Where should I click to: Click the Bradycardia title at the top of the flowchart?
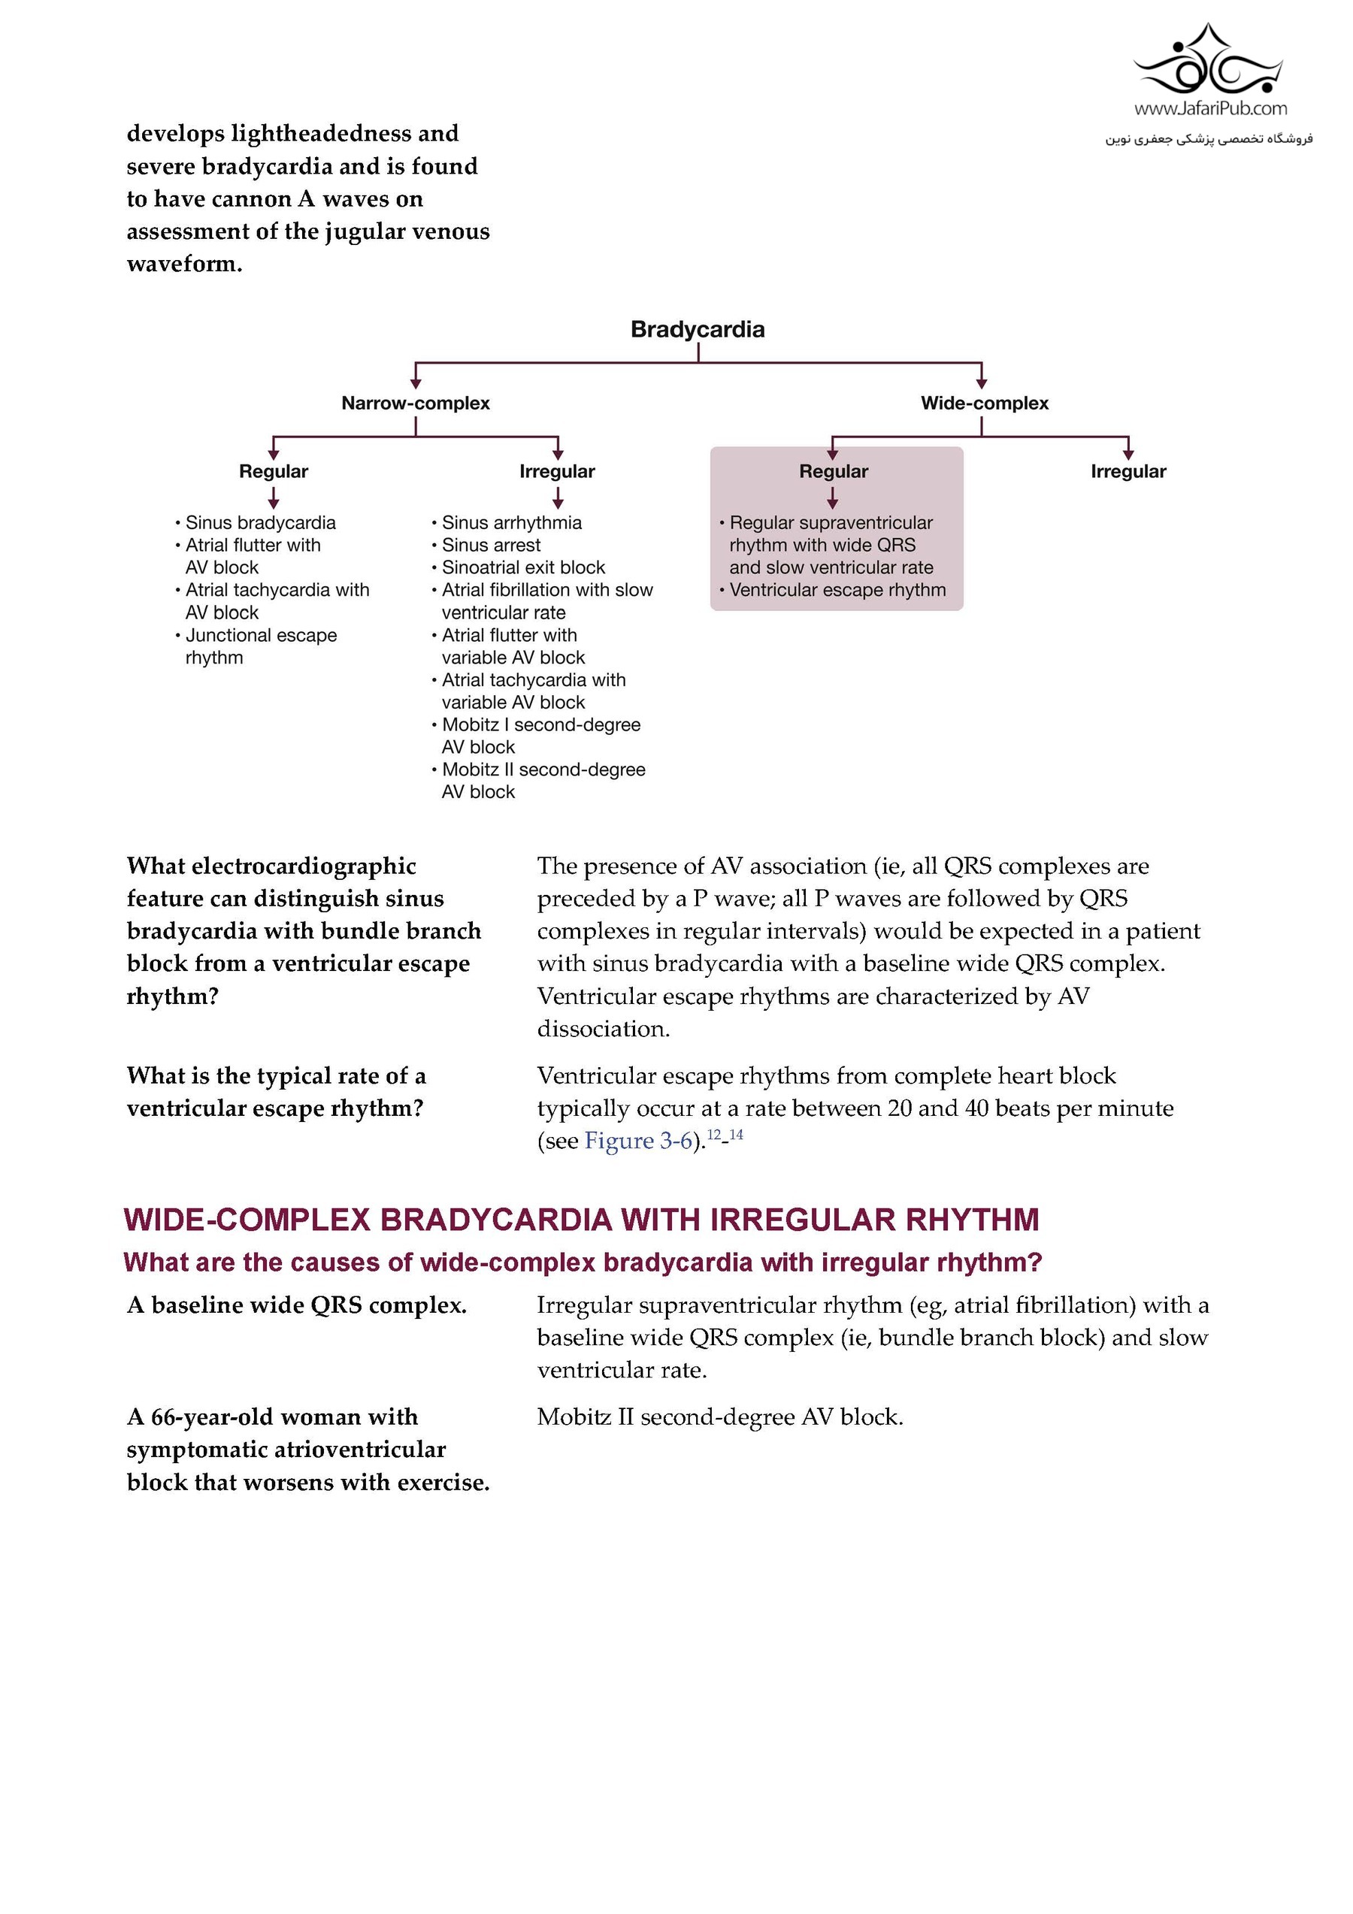pos(697,329)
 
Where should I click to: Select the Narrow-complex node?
pos(415,404)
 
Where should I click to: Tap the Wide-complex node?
pos(985,404)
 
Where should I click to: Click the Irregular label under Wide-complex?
pos(1128,472)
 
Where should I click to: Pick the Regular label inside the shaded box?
pos(834,472)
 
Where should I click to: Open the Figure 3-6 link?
pos(639,1141)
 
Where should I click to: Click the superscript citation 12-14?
pos(725,1135)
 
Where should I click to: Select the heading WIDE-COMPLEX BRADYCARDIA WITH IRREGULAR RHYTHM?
pos(581,1220)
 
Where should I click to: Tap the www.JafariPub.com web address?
pos(1209,108)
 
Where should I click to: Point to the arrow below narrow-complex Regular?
pos(274,498)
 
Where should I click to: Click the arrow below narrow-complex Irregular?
pos(558,498)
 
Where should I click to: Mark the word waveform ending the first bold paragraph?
pos(183,265)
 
